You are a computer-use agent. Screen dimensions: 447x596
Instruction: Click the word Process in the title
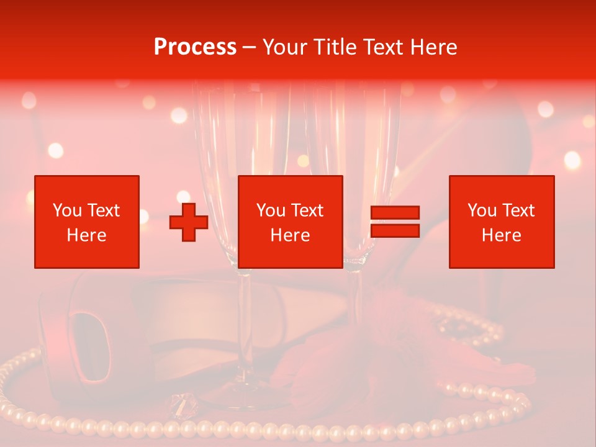click(x=195, y=47)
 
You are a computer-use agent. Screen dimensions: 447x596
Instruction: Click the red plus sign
click(x=189, y=222)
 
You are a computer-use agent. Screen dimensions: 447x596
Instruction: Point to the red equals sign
click(x=395, y=222)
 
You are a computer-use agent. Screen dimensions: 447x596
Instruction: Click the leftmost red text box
click(x=87, y=222)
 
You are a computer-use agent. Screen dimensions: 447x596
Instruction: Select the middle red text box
click(x=290, y=222)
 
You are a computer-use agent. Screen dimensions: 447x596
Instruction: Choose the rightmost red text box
click(x=501, y=222)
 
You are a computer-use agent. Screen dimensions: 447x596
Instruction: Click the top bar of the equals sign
click(x=395, y=213)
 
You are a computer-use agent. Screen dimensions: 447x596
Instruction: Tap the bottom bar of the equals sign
click(x=395, y=231)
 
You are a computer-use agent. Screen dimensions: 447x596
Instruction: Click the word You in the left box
click(x=67, y=210)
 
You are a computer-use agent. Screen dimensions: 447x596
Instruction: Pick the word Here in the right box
click(x=501, y=235)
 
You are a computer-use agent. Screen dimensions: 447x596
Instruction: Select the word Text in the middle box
click(x=307, y=210)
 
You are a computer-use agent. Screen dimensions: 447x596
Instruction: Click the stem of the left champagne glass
click(x=244, y=323)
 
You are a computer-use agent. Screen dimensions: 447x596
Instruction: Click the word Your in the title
click(x=284, y=47)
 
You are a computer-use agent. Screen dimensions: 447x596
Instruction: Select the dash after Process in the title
click(x=249, y=47)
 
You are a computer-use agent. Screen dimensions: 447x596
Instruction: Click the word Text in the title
click(x=382, y=47)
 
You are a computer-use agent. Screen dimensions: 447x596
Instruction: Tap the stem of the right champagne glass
click(x=356, y=298)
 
